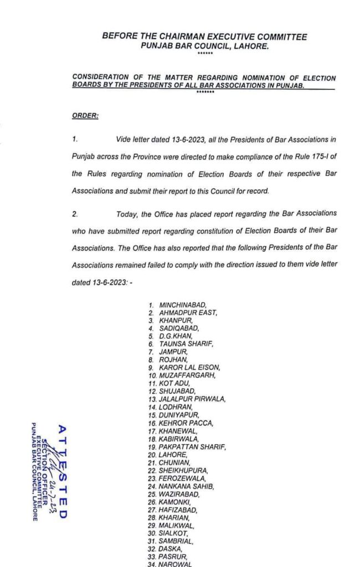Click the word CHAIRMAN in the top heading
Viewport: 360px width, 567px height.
(x=179, y=37)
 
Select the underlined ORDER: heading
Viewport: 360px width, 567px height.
(x=85, y=116)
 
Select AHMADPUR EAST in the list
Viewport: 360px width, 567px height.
(x=188, y=312)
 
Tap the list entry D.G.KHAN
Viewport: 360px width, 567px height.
(x=177, y=336)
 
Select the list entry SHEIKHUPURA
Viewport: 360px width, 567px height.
(x=183, y=470)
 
